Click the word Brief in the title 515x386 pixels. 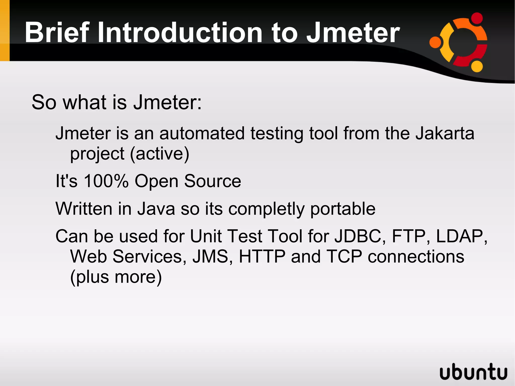[x=57, y=33]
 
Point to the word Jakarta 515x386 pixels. [x=445, y=133]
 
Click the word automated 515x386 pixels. [x=202, y=133]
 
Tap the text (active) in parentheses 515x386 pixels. [x=159, y=154]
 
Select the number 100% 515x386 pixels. [x=106, y=181]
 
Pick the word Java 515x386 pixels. [x=156, y=209]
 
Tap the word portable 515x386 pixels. [x=343, y=209]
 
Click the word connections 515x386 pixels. [x=416, y=257]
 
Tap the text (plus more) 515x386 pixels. [x=116, y=277]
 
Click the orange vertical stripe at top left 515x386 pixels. [x=5, y=30]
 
